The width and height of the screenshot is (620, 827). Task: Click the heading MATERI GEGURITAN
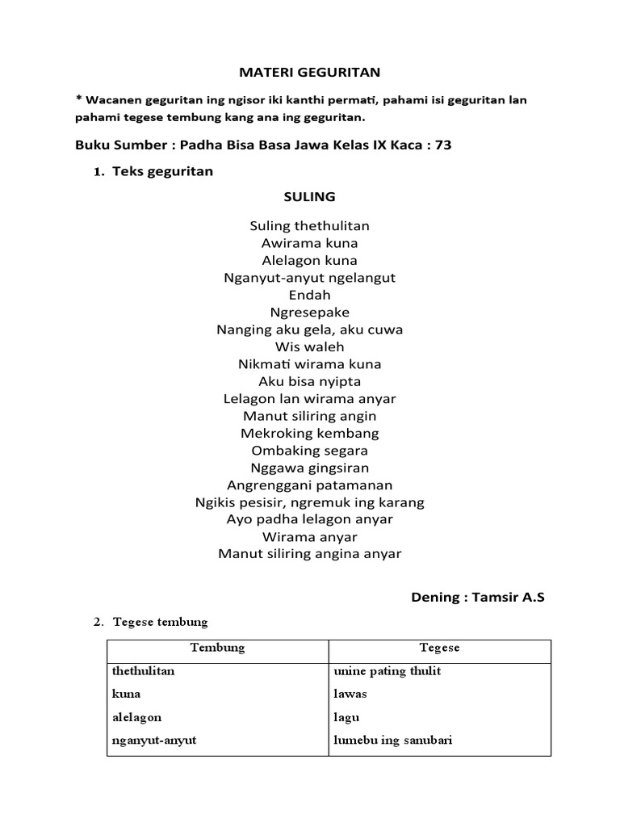coord(309,73)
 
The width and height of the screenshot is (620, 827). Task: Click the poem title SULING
coord(309,197)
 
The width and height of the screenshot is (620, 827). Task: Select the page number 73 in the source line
coord(442,145)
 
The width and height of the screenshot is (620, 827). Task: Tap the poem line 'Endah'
coord(309,295)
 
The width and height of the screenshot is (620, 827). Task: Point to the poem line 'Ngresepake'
coord(309,313)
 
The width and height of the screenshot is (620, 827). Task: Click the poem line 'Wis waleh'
coord(309,347)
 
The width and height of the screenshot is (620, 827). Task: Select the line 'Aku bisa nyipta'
coord(309,381)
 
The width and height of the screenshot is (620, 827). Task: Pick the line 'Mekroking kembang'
coord(309,433)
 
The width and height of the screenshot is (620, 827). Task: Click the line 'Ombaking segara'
coord(309,451)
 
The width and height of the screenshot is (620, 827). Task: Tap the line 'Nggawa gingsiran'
coord(309,468)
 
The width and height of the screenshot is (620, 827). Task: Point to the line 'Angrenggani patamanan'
coord(309,485)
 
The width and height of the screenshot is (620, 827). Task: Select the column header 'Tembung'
coord(217,648)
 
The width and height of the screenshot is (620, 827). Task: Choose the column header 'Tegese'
coord(439,648)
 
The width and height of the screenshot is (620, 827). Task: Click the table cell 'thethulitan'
coord(143,671)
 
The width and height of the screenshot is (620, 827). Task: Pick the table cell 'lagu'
coord(346,717)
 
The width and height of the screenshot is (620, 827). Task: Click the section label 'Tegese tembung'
coord(161,622)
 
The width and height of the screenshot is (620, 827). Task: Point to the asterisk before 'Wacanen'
coord(78,99)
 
